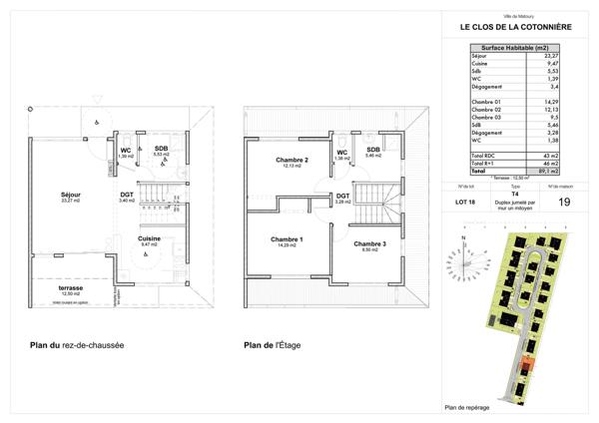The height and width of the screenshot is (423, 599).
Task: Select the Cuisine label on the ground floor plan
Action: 150,240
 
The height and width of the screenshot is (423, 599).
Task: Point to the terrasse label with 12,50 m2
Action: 71,288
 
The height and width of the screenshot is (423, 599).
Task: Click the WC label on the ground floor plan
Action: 125,151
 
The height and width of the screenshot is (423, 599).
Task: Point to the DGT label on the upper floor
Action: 341,197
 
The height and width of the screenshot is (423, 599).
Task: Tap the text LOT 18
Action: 465,202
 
